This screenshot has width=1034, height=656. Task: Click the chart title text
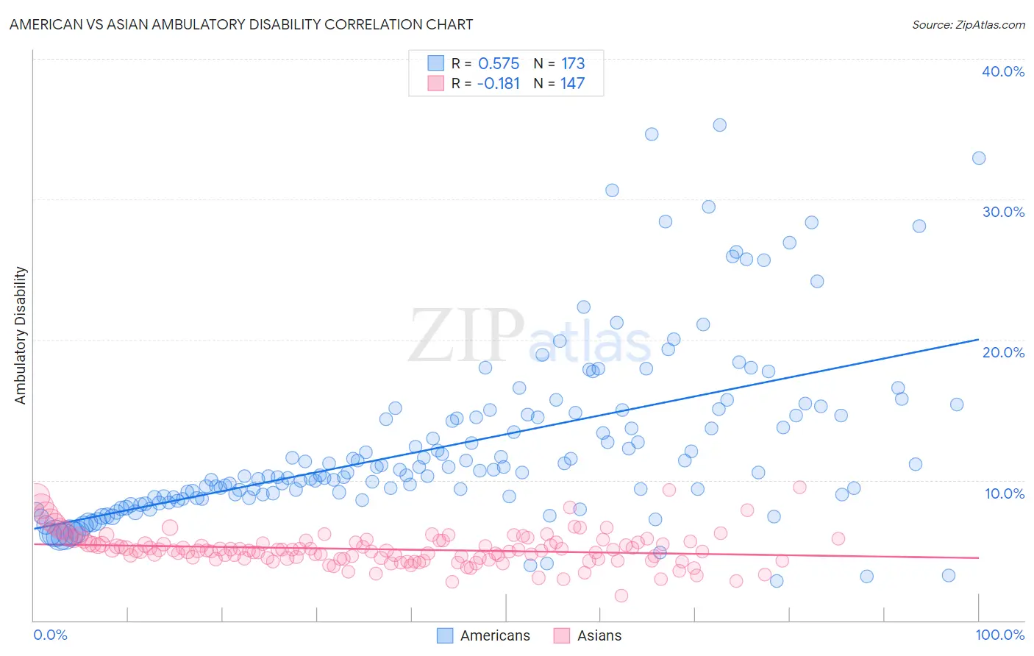241,24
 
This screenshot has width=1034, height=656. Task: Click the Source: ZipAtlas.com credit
968,24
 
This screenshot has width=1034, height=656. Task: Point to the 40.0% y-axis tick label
1002,71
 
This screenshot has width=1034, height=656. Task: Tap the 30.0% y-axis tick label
1002,212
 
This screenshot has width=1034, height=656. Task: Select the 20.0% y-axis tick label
1002,352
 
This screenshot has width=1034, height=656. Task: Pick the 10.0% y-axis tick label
1004,493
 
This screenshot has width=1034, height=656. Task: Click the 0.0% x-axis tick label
50,635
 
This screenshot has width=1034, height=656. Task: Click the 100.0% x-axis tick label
999,635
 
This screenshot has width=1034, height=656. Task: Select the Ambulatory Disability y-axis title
21,335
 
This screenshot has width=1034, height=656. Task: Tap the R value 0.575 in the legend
499,64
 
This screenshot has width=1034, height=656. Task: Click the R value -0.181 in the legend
498,84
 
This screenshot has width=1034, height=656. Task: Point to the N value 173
573,64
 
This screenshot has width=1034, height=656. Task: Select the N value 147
572,84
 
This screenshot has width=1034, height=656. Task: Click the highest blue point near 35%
719,125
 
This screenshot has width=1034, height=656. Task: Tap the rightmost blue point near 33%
978,158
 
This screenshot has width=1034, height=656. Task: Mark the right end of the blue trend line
978,339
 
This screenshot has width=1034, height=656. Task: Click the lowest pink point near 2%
621,596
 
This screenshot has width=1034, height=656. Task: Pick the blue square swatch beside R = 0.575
435,63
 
